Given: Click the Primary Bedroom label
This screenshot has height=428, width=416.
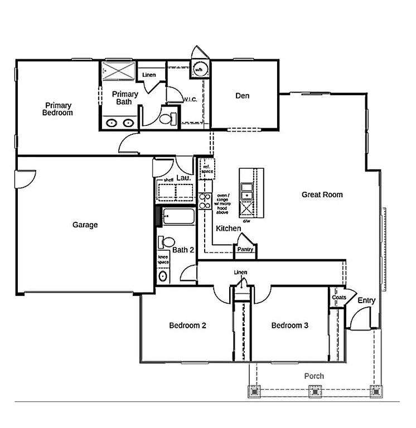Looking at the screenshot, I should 59,109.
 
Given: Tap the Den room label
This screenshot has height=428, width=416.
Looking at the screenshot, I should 242,96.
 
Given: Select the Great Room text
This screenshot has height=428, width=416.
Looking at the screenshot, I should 322,194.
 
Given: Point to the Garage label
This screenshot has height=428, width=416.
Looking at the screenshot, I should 85,225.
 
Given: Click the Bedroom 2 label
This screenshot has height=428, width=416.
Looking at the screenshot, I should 188,325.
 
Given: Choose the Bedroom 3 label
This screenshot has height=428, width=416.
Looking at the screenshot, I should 290,325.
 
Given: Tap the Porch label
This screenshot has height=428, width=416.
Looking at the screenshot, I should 314,376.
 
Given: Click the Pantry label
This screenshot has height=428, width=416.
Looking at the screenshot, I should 245,250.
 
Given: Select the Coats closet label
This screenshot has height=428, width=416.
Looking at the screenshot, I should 339,298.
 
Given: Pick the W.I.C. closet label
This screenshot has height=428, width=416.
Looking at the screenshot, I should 191,100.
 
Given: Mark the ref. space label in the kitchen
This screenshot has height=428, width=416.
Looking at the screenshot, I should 207,168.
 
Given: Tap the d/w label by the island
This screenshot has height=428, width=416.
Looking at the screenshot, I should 246,221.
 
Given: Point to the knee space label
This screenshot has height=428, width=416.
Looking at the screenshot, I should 163,260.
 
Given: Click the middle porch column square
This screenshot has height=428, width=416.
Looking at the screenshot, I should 316,391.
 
